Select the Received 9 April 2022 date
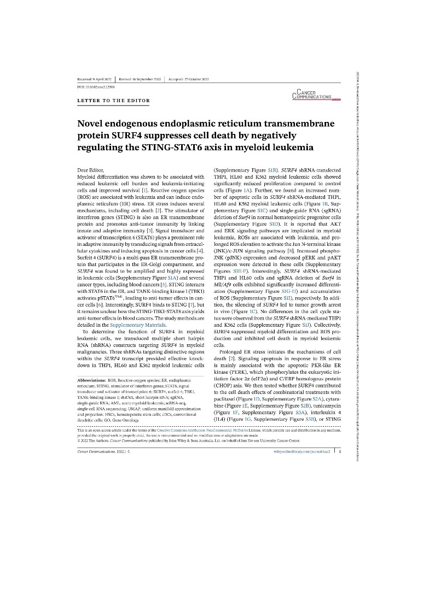[94, 79]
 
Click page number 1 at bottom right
[340, 451]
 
